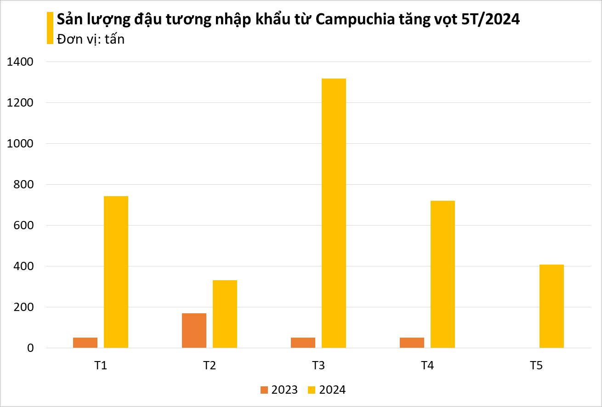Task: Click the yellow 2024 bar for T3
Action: pyautogui.click(x=334, y=213)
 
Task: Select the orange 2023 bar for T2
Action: pyautogui.click(x=194, y=330)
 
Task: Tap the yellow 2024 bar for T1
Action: pyautogui.click(x=116, y=272)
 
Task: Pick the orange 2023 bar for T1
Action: pyautogui.click(x=85, y=343)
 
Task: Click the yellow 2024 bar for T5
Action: pyautogui.click(x=551, y=306)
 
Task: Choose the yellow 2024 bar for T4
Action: pyautogui.click(x=443, y=274)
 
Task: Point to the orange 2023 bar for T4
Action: pyautogui.click(x=412, y=343)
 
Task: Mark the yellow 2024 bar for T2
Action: pyautogui.click(x=225, y=314)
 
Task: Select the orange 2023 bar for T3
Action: pyautogui.click(x=303, y=343)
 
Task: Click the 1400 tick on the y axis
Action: pyautogui.click(x=20, y=62)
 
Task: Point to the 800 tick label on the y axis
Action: pyautogui.click(x=24, y=185)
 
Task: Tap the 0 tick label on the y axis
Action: pyautogui.click(x=30, y=348)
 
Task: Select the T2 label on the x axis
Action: pyautogui.click(x=210, y=366)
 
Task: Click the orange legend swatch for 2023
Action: pyautogui.click(x=264, y=390)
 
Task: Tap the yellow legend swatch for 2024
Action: pyautogui.click(x=312, y=390)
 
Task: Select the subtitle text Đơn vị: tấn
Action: pyautogui.click(x=91, y=40)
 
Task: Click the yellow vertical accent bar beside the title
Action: pyautogui.click(x=50, y=28)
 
